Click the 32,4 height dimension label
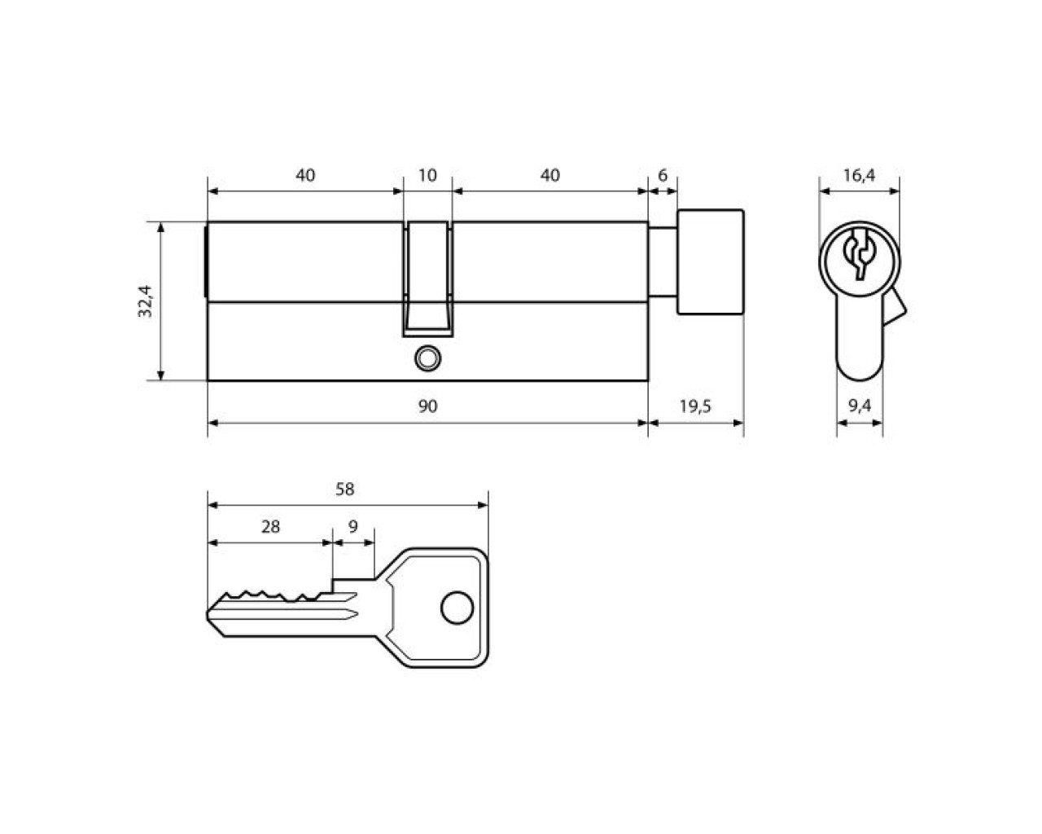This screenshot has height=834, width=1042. (x=145, y=301)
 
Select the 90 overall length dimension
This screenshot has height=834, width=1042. (x=427, y=406)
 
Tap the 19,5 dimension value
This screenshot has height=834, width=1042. (x=695, y=406)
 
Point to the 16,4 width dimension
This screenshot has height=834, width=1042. (x=859, y=175)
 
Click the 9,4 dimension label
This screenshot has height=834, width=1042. (x=860, y=406)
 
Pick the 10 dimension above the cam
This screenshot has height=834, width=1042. (x=427, y=175)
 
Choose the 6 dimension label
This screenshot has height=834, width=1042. (x=663, y=175)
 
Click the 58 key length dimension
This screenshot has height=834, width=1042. (x=345, y=489)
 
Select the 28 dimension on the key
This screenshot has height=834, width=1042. (x=270, y=527)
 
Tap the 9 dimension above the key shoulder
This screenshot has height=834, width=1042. (x=353, y=527)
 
